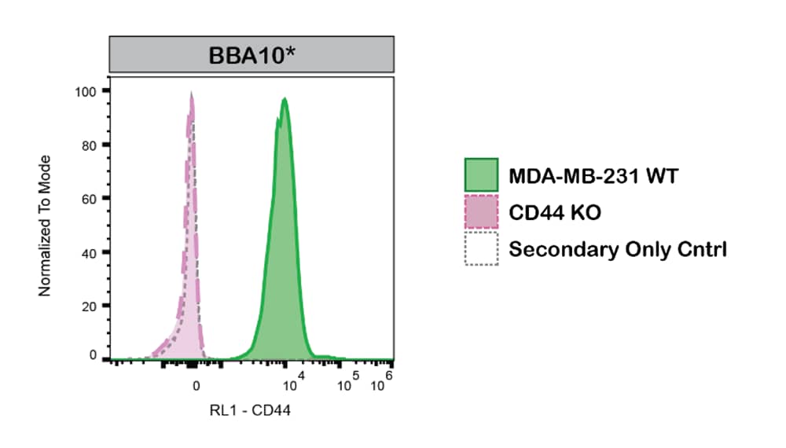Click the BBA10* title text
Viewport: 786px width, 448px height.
251,56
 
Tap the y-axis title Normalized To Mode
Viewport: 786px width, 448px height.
45,226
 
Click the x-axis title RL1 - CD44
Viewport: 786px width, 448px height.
251,409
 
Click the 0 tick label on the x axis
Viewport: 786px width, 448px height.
196,385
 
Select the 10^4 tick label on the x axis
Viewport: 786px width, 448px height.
293,384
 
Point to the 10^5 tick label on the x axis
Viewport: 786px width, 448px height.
348,384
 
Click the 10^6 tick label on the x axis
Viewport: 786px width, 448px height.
381,384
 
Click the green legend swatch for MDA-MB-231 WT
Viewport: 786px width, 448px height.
481,175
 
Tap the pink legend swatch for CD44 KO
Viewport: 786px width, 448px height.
481,212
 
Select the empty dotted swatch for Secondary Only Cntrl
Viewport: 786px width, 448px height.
481,249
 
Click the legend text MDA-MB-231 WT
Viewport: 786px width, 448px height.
593,176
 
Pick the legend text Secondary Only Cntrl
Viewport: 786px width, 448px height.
618,250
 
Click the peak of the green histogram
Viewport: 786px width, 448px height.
284,99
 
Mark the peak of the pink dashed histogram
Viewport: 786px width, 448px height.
191,94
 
